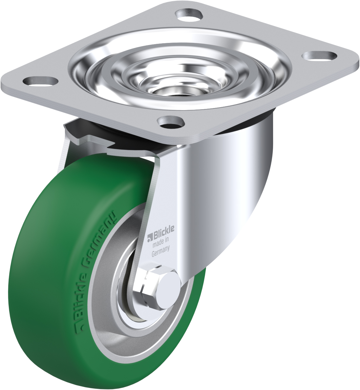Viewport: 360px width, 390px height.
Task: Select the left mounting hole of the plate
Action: coord(41,80)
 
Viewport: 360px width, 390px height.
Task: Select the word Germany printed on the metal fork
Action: coord(160,251)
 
